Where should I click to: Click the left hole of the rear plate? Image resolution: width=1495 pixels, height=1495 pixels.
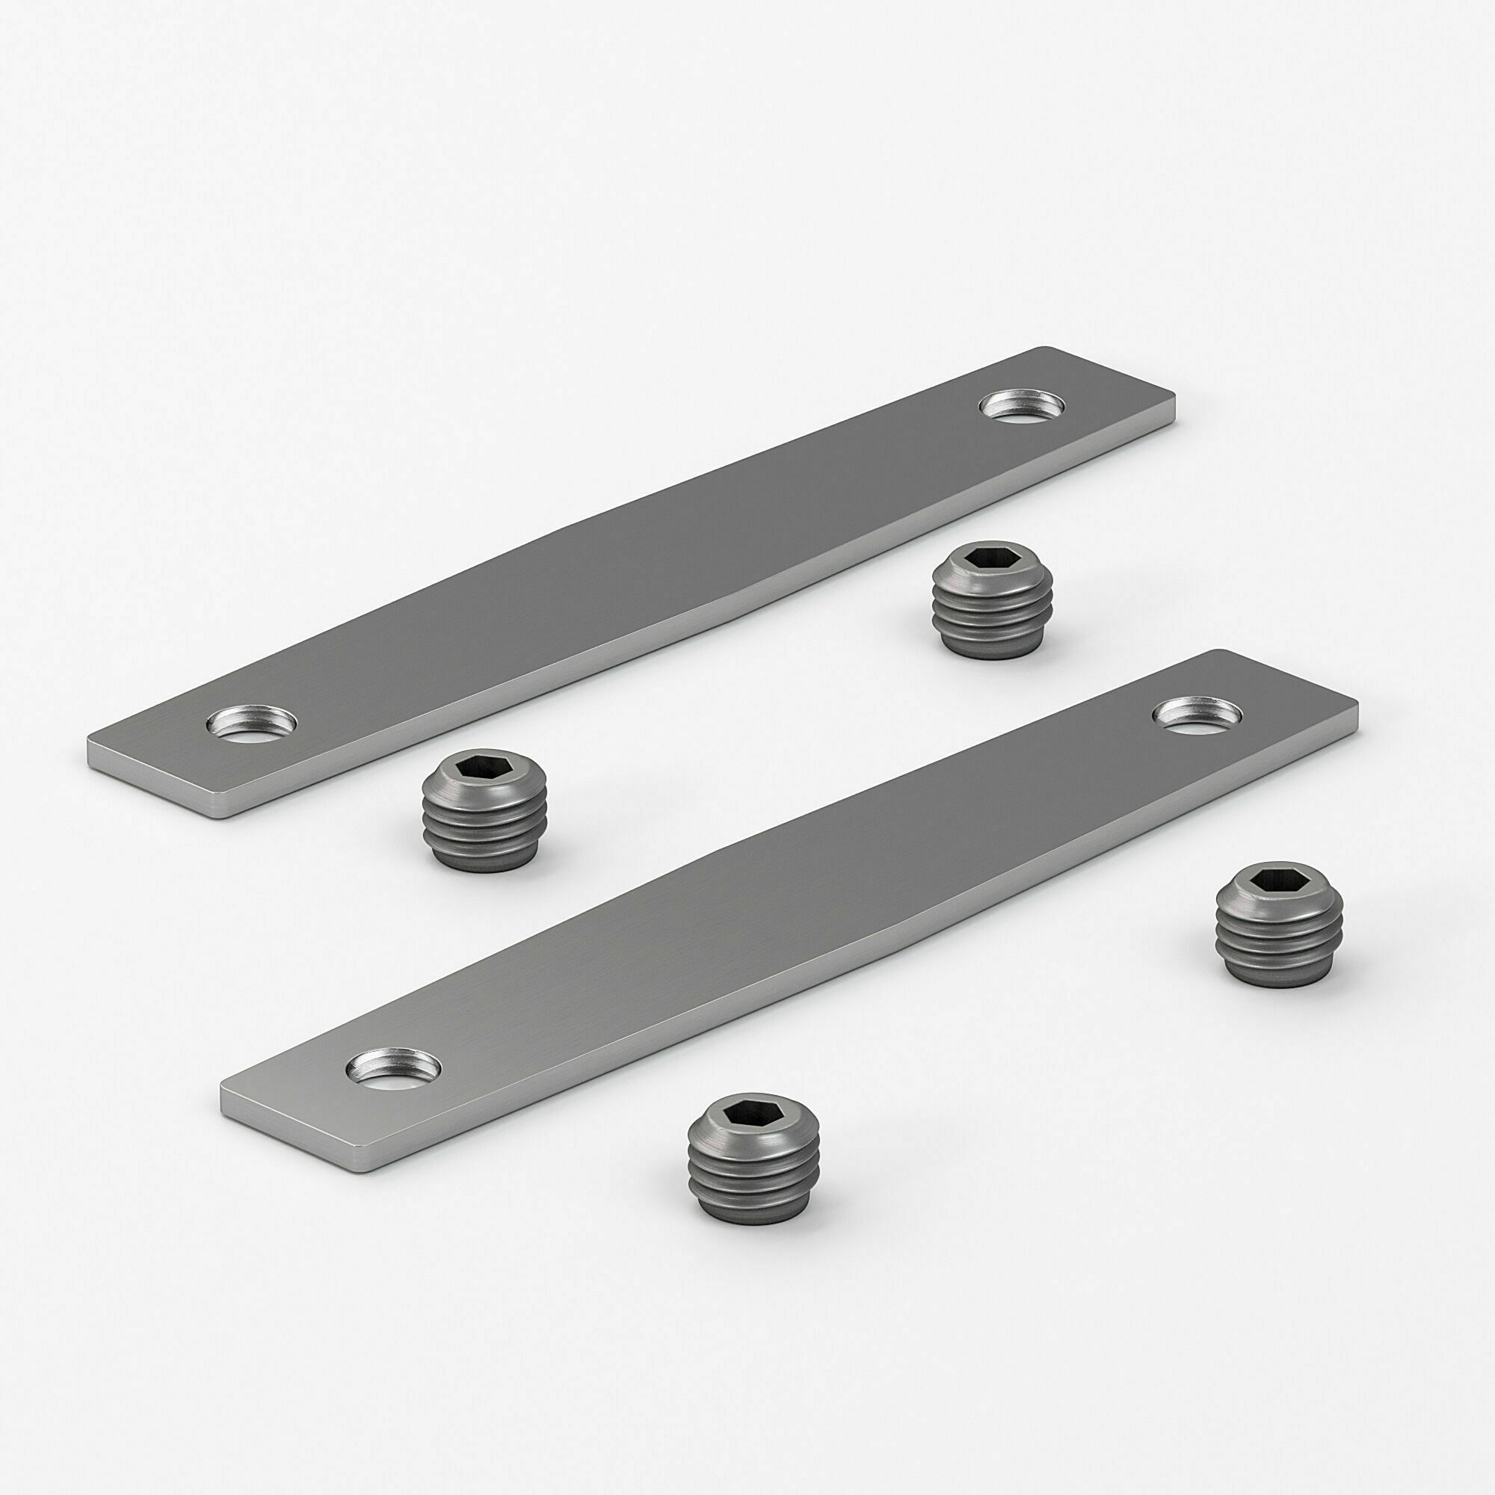[251, 724]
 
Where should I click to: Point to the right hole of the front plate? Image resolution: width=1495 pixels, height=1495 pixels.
[1197, 712]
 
